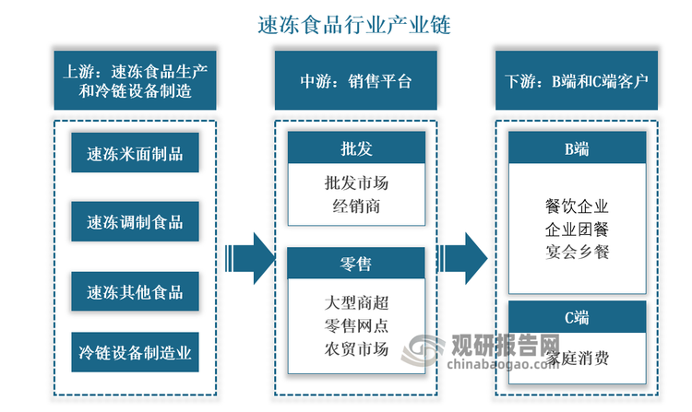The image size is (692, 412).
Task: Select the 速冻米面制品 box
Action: coord(135,153)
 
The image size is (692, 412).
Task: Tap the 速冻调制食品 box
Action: coord(135,222)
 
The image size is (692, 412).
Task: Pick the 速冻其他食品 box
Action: coord(135,292)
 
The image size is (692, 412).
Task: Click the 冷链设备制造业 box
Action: coord(135,351)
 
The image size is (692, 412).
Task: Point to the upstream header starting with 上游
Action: coord(135,80)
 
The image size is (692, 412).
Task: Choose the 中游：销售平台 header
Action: coord(355,80)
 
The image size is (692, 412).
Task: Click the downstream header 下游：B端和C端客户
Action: coord(577,80)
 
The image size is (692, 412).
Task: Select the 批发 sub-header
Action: coord(356,147)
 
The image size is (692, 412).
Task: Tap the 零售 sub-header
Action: coord(356,265)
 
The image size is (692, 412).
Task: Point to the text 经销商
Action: coord(356,206)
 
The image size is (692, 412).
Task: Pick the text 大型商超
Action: coord(356,301)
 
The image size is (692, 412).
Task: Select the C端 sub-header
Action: coord(578,317)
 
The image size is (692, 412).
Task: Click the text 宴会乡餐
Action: coord(578,251)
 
